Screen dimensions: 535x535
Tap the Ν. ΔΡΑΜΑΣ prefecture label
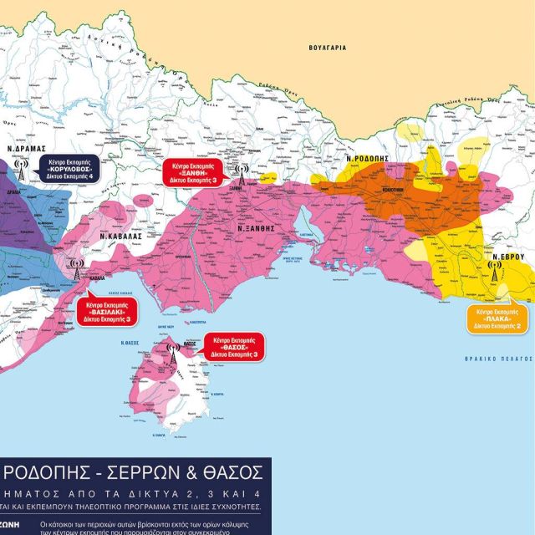(x=24, y=144)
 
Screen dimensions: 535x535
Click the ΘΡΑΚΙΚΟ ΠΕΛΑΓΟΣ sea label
(x=498, y=358)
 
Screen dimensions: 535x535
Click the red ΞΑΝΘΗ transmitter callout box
(x=195, y=170)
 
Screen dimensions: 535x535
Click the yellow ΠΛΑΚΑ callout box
(x=498, y=318)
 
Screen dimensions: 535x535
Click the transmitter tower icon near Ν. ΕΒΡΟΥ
(x=494, y=272)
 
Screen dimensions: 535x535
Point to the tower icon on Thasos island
(x=173, y=351)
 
